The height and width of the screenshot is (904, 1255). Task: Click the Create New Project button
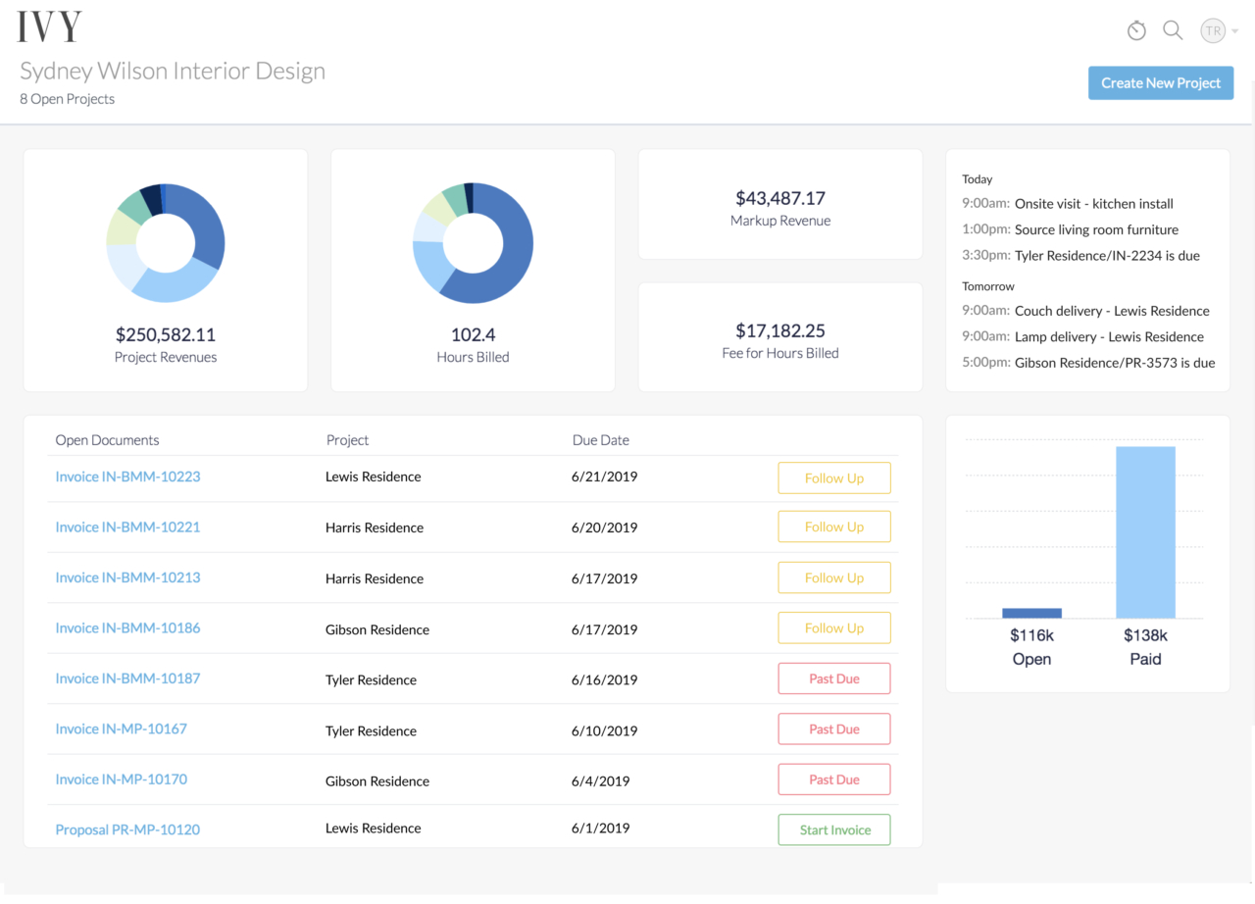pyautogui.click(x=1160, y=83)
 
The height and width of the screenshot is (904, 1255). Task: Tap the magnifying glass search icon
pyautogui.click(x=1173, y=30)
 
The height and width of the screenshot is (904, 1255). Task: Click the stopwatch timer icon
pyautogui.click(x=1136, y=30)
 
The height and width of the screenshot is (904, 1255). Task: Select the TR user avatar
pyautogui.click(x=1213, y=30)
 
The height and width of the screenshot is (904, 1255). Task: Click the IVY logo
pyautogui.click(x=49, y=27)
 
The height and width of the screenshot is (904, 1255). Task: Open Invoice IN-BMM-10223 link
pyautogui.click(x=127, y=477)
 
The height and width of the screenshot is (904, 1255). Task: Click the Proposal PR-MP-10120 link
pyautogui.click(x=127, y=829)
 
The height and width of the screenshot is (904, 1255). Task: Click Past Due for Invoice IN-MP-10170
pyautogui.click(x=834, y=779)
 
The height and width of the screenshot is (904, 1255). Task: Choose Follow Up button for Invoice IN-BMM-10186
pyautogui.click(x=834, y=628)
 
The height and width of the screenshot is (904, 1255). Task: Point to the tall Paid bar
pyautogui.click(x=1145, y=532)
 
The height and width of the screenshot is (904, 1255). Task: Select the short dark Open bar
pyautogui.click(x=1031, y=613)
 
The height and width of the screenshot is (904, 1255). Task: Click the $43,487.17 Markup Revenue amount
pyautogui.click(x=780, y=198)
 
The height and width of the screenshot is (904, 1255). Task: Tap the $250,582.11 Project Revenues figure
pyautogui.click(x=166, y=334)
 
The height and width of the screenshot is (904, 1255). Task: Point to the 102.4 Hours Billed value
pyautogui.click(x=473, y=334)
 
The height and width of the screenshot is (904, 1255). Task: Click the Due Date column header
pyautogui.click(x=601, y=440)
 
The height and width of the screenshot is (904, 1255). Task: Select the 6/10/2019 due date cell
pyautogui.click(x=604, y=730)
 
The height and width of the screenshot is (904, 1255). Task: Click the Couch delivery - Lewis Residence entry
pyautogui.click(x=1112, y=311)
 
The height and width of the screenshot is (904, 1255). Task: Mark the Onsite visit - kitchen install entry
pyautogui.click(x=1093, y=204)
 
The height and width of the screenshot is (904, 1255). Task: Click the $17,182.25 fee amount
pyautogui.click(x=780, y=330)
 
